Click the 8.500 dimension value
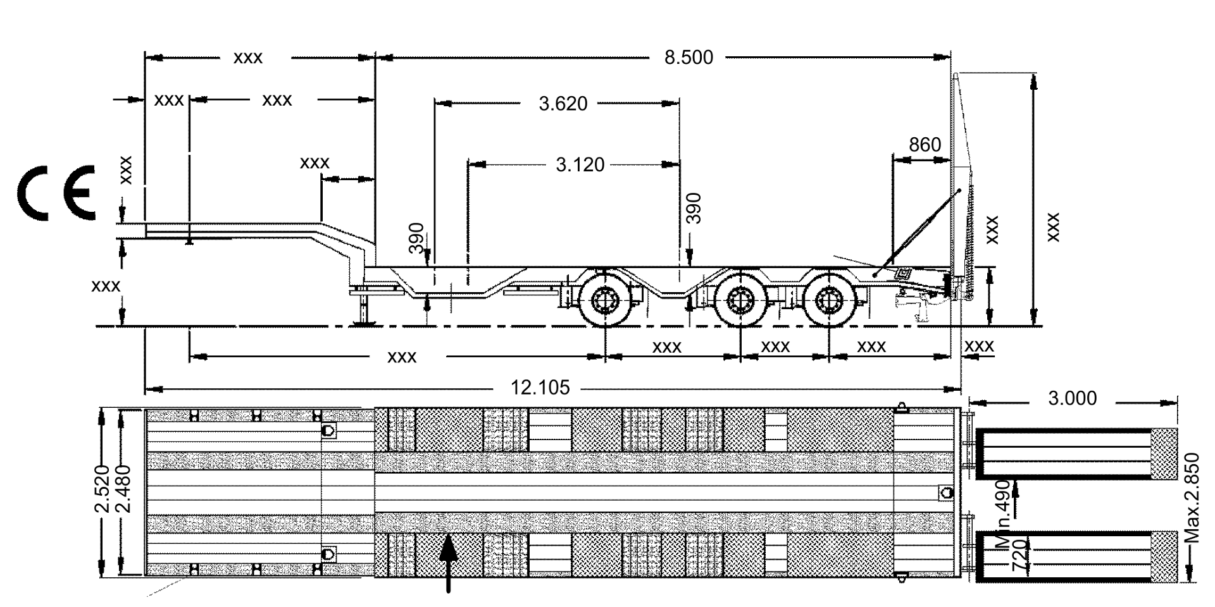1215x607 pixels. click(688, 58)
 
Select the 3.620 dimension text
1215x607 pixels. click(563, 103)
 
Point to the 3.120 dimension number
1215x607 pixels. click(580, 165)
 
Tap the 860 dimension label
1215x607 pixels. click(925, 145)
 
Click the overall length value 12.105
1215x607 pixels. click(540, 387)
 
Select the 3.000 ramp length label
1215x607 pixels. click(1072, 398)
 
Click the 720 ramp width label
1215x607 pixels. click(1020, 556)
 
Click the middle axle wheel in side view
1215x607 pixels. click(739, 298)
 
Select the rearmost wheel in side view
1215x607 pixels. click(828, 298)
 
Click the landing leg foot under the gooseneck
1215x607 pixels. click(364, 323)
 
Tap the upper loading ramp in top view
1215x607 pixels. click(1076, 454)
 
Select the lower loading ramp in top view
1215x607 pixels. click(1076, 558)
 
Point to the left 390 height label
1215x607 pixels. click(416, 238)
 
